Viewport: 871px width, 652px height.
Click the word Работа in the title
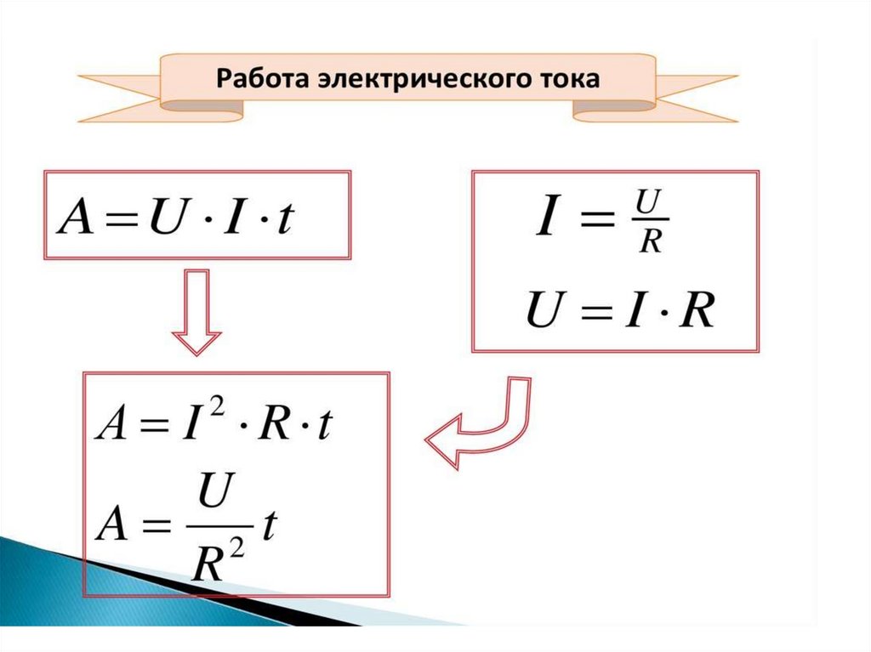(252, 79)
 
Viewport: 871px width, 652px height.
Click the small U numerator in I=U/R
(651, 204)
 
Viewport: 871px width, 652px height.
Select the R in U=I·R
(697, 312)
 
